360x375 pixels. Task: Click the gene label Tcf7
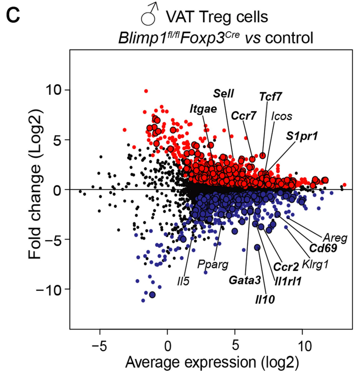270,97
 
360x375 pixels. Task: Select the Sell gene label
223,93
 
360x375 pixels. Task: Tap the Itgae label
203,109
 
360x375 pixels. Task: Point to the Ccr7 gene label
243,116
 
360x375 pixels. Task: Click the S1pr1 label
302,136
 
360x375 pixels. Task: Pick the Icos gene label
282,116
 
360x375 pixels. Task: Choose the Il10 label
265,299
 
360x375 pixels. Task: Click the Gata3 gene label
244,280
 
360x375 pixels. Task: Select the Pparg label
212,265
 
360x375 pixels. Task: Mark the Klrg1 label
315,265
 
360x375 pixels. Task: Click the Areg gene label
335,238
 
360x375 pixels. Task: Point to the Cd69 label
323,248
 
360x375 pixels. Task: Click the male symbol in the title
150,14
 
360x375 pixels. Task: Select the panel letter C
13,16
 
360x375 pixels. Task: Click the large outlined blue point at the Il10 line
257,248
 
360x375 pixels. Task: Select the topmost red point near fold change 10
146,91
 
